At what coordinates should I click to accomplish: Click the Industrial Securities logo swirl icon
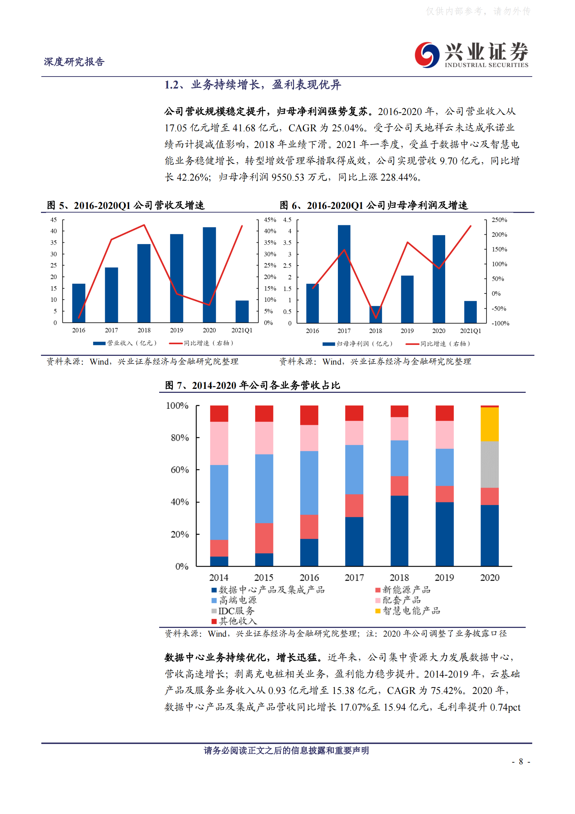pos(427,55)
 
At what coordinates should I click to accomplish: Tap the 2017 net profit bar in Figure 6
pos(344,274)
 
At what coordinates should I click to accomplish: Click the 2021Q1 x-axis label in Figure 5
pos(242,330)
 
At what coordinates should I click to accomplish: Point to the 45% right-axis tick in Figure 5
pos(270,220)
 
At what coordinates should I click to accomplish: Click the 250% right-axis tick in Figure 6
pos(499,220)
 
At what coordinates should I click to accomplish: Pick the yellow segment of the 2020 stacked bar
pos(489,424)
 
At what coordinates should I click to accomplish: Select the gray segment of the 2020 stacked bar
pos(489,464)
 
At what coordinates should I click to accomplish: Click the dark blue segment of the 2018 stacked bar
pos(399,530)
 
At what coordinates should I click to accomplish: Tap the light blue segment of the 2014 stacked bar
pos(219,502)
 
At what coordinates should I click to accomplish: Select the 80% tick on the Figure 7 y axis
pos(179,438)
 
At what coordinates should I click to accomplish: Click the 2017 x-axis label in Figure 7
pos(354,577)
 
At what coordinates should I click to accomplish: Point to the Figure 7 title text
pos(252,385)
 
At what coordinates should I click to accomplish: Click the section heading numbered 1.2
pos(252,85)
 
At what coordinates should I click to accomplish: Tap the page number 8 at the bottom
pos(521,761)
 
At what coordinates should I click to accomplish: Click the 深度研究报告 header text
pos(74,62)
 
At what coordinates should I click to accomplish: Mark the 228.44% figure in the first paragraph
pos(398,177)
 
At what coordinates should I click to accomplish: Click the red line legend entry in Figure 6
pos(438,344)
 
